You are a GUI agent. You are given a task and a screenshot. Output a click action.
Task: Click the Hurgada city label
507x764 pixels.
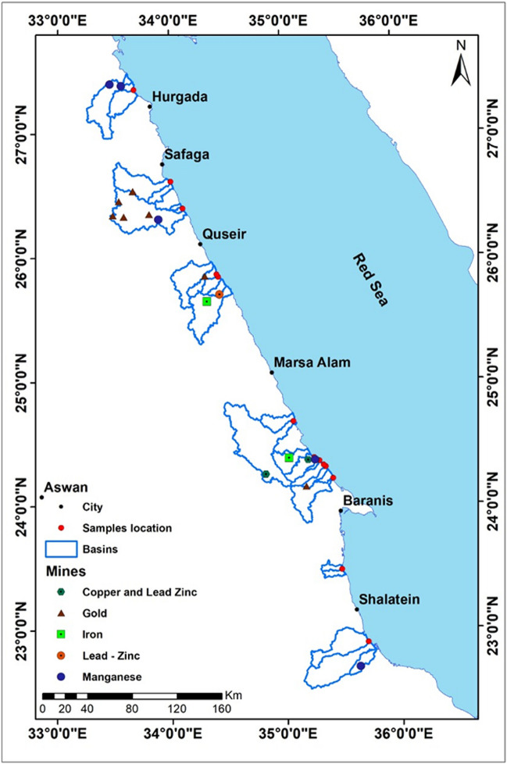coord(180,97)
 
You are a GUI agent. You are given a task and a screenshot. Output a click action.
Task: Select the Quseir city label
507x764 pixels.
coord(224,234)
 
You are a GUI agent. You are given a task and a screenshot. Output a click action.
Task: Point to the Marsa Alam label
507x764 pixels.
coord(312,362)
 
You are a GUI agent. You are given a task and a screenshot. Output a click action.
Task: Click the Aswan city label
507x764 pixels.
coord(63,485)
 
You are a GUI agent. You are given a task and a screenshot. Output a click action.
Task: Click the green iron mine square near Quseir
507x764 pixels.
coord(207,302)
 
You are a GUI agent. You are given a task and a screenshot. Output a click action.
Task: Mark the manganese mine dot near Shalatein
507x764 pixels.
coord(360,666)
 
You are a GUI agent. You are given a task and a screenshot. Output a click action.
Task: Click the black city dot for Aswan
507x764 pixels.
coord(41,498)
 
